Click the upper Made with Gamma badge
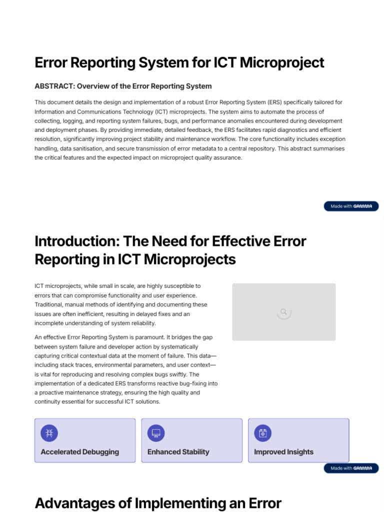click(x=351, y=206)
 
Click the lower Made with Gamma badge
click(x=351, y=468)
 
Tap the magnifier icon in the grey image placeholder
click(x=283, y=312)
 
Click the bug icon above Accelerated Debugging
click(x=49, y=433)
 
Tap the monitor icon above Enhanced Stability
click(x=156, y=433)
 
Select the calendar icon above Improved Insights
click(x=263, y=433)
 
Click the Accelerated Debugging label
click(x=79, y=452)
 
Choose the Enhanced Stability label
click(x=178, y=452)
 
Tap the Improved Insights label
click(x=283, y=452)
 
